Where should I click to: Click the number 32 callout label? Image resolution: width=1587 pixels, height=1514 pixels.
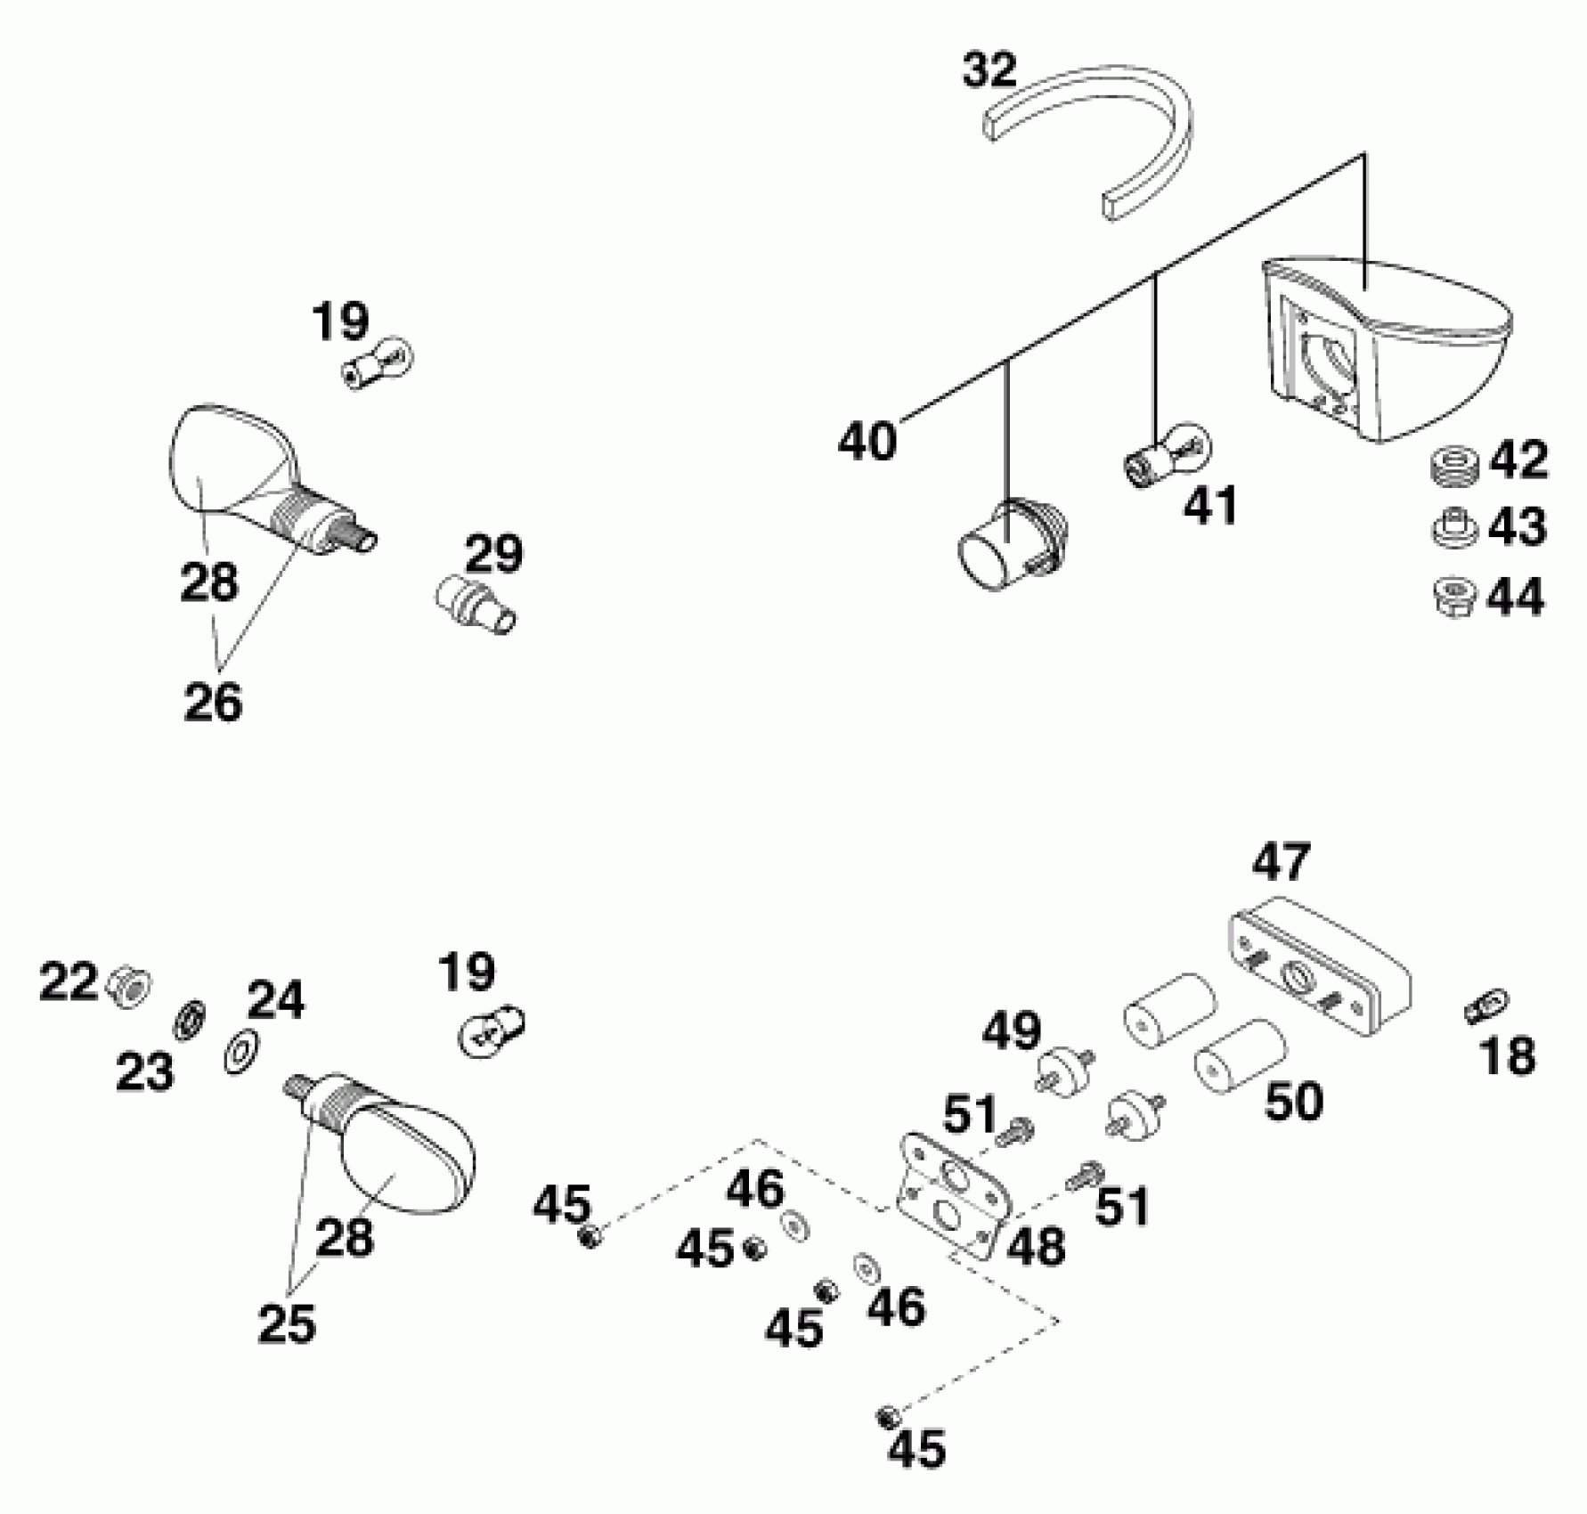click(x=989, y=70)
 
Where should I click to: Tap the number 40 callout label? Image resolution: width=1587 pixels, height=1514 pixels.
click(x=867, y=442)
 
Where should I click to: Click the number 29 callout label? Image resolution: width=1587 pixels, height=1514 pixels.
click(x=494, y=554)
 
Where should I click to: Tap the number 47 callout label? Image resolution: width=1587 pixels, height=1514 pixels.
click(x=1282, y=861)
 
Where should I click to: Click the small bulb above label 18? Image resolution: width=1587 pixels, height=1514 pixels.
click(x=1486, y=1007)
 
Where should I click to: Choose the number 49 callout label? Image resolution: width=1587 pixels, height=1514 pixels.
click(x=1012, y=1030)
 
